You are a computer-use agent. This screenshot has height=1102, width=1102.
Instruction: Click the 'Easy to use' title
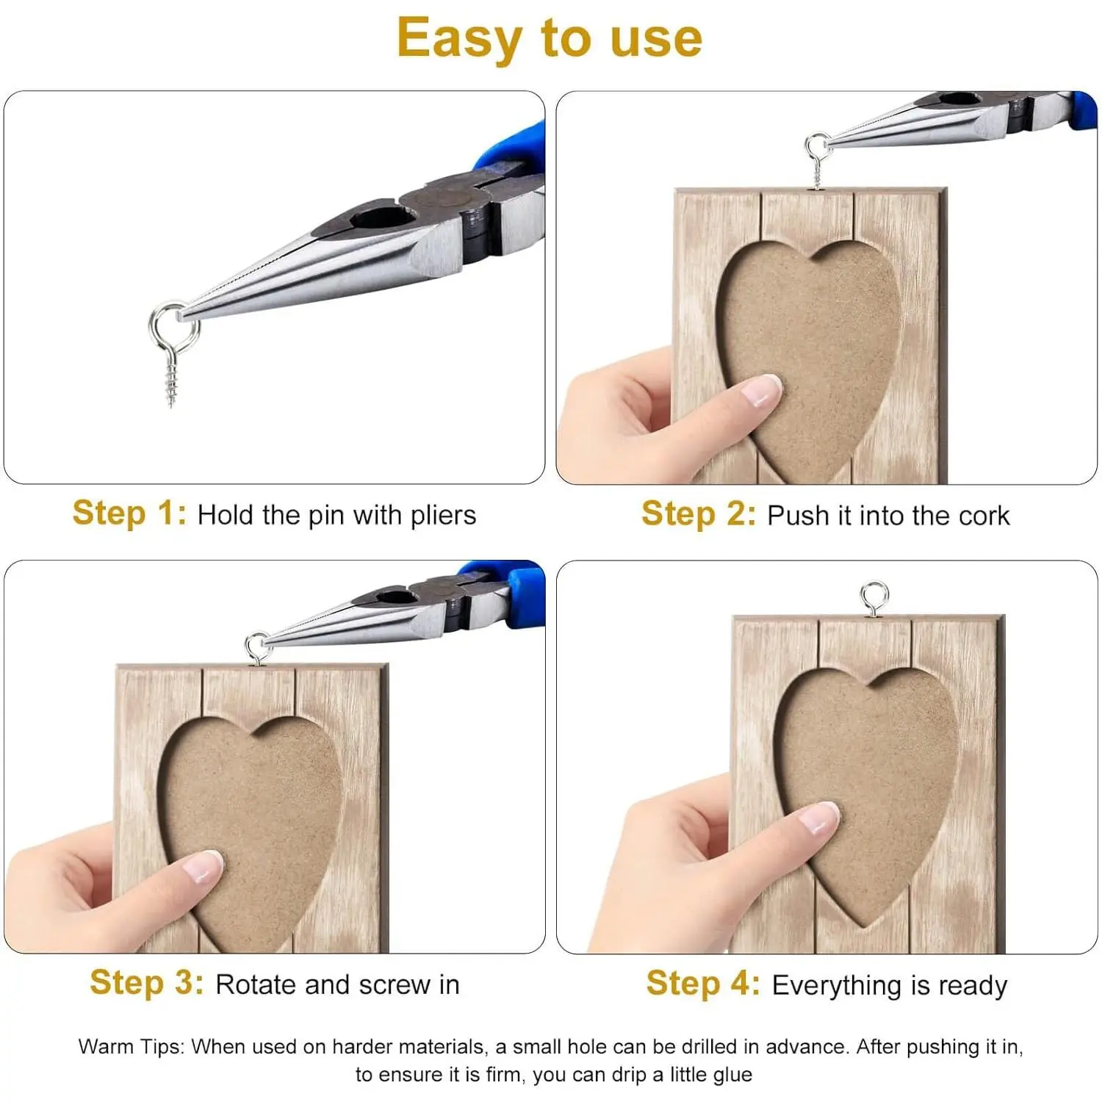tap(550, 38)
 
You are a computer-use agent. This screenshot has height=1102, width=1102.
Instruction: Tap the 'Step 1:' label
tap(130, 513)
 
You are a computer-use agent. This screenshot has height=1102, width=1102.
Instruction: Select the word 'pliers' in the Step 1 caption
tap(443, 516)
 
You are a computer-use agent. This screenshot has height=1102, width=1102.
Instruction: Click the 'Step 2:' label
tap(699, 514)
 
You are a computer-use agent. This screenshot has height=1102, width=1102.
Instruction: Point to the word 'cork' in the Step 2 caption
tap(984, 516)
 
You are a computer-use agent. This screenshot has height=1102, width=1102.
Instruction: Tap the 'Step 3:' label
tap(147, 982)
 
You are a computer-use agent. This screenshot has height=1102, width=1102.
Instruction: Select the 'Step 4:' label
tap(703, 983)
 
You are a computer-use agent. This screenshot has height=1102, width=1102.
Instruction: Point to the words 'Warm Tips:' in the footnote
tap(131, 1046)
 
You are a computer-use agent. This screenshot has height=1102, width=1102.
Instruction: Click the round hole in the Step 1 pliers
tap(381, 217)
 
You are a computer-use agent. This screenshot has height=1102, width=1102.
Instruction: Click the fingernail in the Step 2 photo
tap(762, 390)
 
